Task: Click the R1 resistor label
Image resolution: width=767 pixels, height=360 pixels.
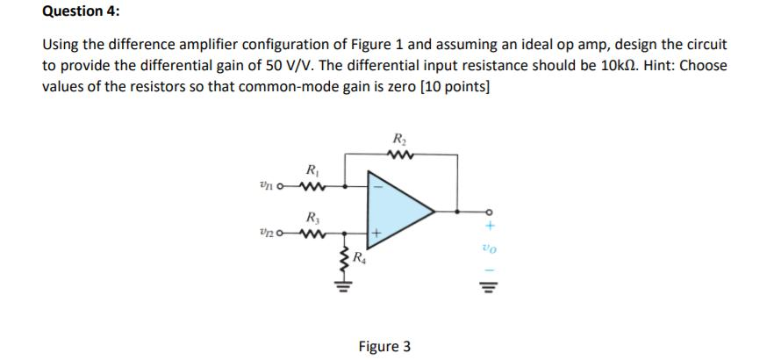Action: [311, 169]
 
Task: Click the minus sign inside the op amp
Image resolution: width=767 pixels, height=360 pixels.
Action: [378, 186]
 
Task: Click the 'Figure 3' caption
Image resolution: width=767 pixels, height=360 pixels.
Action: [383, 346]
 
